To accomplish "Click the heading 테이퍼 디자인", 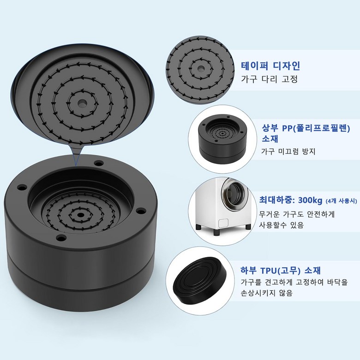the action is pos(270,66).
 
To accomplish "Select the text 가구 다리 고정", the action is pos(269,79).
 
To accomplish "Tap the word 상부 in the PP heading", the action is pos(270,128).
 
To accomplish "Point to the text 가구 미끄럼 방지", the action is pos(288,151).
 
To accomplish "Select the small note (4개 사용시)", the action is pos(342,201).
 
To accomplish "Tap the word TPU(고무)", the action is pos(280,270).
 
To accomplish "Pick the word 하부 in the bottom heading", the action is pos(248,270).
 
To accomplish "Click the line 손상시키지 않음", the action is pos(267,293).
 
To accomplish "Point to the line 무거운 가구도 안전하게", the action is pos(297,214).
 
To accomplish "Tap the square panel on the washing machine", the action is pos(223,223).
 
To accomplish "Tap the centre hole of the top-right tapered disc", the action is pos(201,68).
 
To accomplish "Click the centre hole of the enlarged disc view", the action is pos(81,103).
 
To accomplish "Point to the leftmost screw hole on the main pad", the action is pos(22,188).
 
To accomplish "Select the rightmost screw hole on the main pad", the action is pos(141,210).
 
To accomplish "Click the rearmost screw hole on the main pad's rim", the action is pos(99,163).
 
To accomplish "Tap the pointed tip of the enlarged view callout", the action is pos(76,164).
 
